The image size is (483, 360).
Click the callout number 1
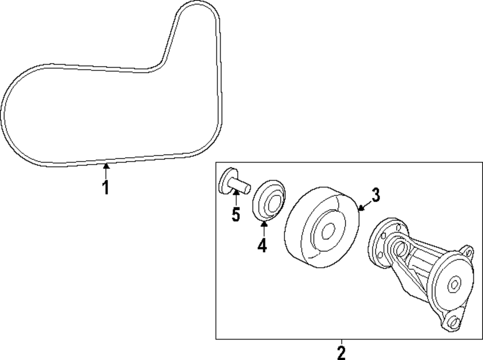point(105,187)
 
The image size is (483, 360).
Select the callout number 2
point(341,352)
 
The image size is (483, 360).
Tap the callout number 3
point(376,195)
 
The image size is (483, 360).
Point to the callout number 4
point(262,246)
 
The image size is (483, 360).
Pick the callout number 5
point(235,214)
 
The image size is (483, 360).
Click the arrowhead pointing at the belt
point(106,166)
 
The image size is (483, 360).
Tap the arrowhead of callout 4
point(264,222)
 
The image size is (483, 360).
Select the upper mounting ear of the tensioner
point(466,251)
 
